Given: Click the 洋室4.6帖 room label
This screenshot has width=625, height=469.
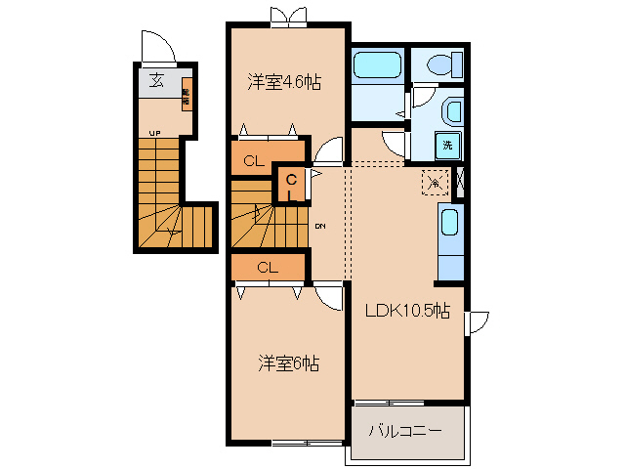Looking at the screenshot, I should (x=283, y=83).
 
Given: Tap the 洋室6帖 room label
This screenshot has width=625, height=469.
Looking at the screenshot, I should (x=288, y=363).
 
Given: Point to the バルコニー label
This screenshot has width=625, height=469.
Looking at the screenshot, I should (x=405, y=431).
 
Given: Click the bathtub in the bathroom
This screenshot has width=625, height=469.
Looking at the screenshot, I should (x=377, y=67).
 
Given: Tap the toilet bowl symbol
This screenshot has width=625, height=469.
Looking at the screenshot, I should (x=438, y=66).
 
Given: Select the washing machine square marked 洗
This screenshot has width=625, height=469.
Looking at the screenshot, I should (x=447, y=145).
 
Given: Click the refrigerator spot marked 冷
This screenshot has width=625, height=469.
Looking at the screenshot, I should (x=433, y=180).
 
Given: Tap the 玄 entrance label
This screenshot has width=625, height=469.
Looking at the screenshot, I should (x=156, y=81).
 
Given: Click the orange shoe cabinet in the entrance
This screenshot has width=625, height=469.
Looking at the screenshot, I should (x=186, y=94).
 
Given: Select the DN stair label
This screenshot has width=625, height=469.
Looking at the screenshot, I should (x=319, y=227).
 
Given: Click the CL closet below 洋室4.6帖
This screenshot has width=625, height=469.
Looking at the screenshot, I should (x=253, y=160).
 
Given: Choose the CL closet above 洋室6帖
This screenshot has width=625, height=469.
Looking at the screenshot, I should (x=267, y=267).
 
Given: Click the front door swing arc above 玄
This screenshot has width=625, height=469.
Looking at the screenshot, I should (x=155, y=45).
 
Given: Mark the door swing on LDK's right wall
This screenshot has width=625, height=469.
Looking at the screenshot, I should (x=478, y=323).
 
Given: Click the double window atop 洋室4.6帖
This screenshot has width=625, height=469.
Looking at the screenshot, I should (x=288, y=16).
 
